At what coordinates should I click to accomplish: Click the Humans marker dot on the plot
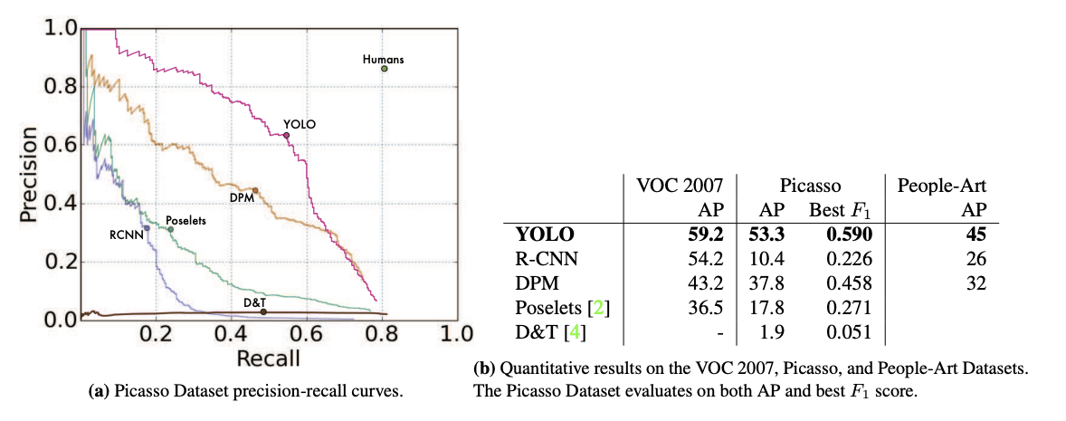(x=384, y=69)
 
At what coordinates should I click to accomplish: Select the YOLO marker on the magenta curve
(x=286, y=135)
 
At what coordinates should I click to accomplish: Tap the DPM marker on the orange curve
(x=255, y=190)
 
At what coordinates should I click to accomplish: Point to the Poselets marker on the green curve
(x=170, y=229)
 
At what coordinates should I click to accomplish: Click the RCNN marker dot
(x=147, y=227)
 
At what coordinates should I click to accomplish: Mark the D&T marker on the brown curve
(x=263, y=311)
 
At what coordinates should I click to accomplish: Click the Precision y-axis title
(x=27, y=174)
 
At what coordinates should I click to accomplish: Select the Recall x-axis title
(x=268, y=359)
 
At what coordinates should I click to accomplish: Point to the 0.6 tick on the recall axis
(x=307, y=333)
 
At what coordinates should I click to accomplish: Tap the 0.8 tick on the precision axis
(x=57, y=87)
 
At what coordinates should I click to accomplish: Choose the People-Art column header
(x=941, y=186)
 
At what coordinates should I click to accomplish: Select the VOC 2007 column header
(x=681, y=186)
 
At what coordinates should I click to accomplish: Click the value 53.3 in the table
(x=766, y=234)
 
